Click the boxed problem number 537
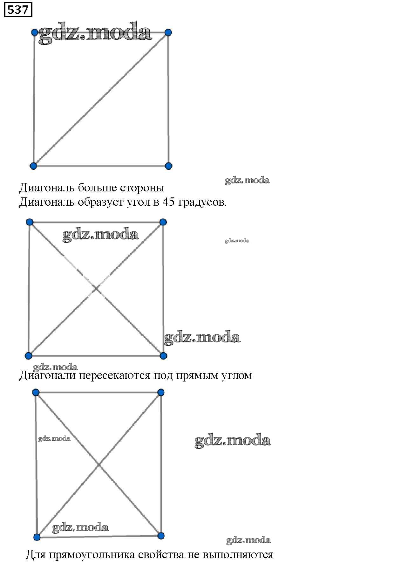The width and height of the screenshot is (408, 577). [18, 10]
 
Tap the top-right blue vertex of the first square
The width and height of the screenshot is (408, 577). [168, 32]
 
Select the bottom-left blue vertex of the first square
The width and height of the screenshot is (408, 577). [33, 166]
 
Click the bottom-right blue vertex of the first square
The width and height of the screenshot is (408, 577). [169, 166]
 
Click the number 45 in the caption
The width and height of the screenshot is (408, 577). [168, 202]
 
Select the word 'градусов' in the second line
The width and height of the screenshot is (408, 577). [202, 202]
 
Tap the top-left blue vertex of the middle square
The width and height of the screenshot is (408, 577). [30, 222]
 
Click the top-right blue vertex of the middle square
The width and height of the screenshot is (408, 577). [163, 222]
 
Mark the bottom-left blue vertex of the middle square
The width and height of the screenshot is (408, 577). [29, 355]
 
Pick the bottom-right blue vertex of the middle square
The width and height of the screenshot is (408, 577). [163, 355]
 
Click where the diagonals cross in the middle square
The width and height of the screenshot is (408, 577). [96, 289]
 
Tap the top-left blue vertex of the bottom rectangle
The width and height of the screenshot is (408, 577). [36, 393]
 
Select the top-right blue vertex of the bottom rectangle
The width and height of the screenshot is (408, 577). [161, 393]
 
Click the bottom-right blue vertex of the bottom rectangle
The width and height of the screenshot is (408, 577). [161, 536]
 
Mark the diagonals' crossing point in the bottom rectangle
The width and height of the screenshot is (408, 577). [99, 465]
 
